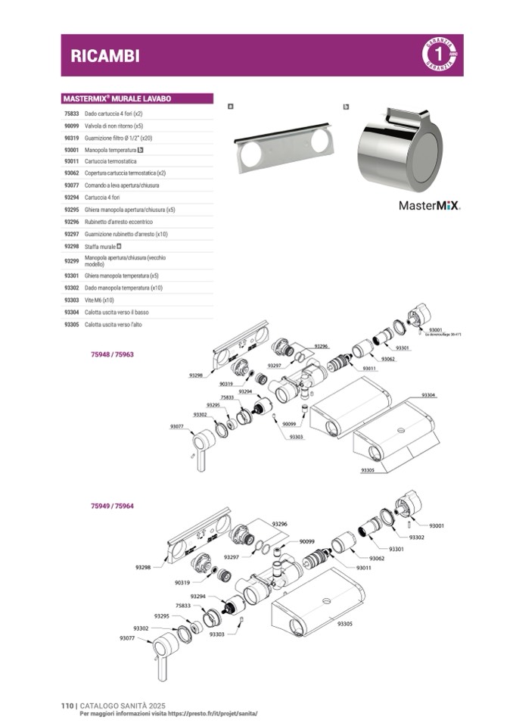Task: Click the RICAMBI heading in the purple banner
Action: coord(95,55)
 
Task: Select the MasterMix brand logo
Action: coord(429,204)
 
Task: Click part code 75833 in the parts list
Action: coord(72,113)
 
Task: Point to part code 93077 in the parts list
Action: coord(72,185)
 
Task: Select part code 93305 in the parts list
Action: coord(72,325)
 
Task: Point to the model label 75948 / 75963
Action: coord(112,354)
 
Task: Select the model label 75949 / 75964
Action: coord(112,505)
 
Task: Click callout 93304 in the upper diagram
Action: coord(429,395)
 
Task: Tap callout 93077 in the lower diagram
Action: coord(126,638)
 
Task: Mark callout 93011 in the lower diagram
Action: coord(364,567)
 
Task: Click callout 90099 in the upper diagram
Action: coord(290,424)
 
